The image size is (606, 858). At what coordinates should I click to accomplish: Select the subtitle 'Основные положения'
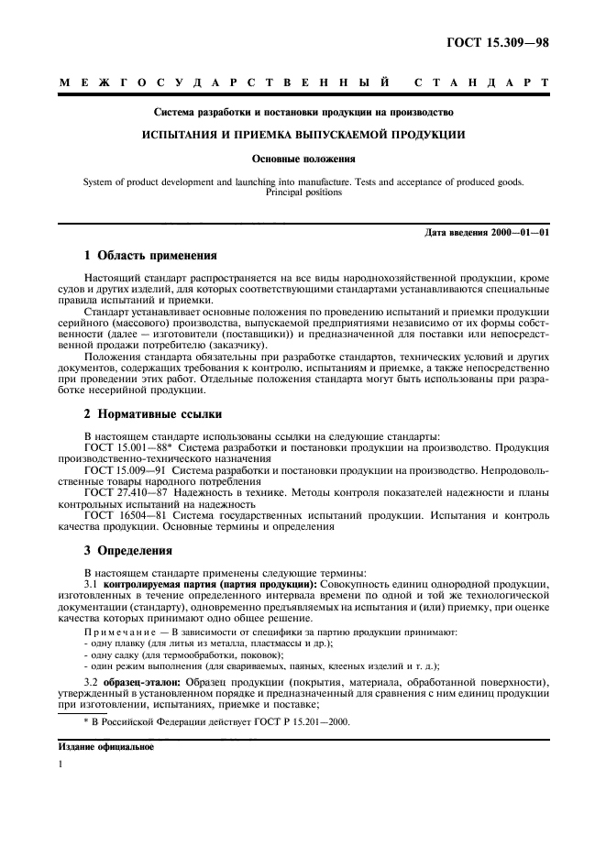coord(303,158)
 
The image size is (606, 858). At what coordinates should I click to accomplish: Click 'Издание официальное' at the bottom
coord(100,747)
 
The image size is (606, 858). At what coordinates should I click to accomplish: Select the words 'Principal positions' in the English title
coord(303,192)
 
